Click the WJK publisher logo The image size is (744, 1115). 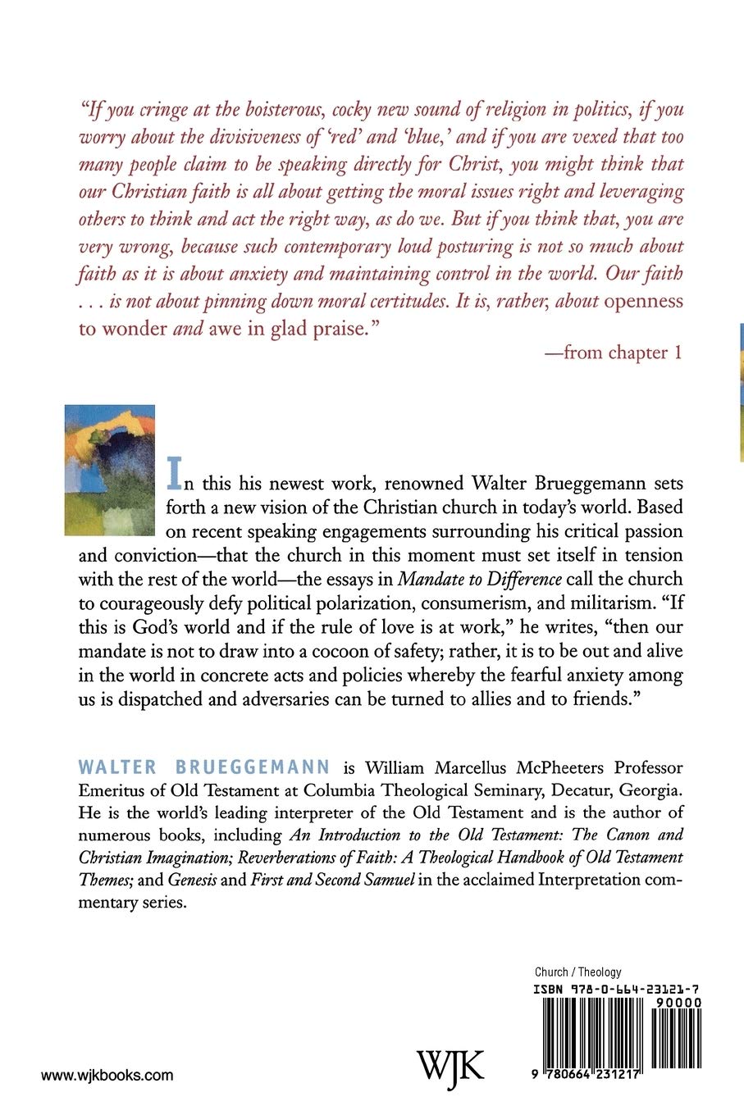pyautogui.click(x=450, y=1066)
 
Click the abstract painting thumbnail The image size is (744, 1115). pyautogui.click(x=109, y=470)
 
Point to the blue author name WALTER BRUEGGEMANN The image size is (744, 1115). pyautogui.click(x=204, y=767)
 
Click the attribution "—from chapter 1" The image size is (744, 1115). pyautogui.click(x=613, y=353)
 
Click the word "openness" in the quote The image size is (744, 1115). pyautogui.click(x=644, y=301)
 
